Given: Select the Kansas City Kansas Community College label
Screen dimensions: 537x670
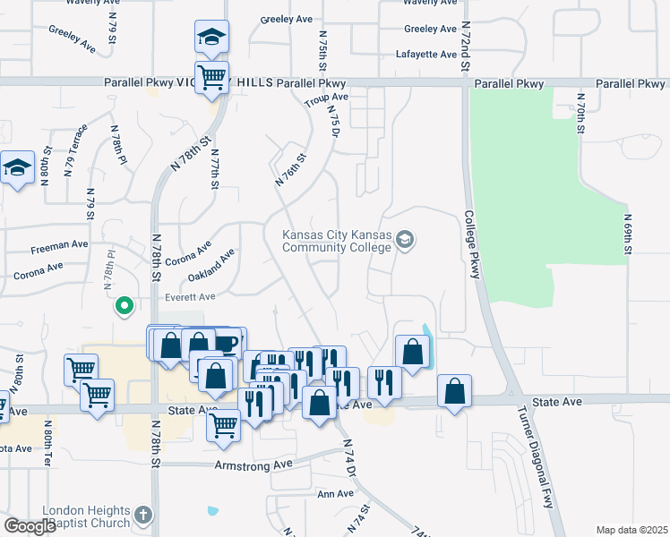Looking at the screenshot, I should pos(337,242).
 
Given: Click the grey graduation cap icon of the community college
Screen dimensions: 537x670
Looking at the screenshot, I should pos(405,239).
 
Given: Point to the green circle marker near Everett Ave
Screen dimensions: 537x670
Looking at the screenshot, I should pos(125,307).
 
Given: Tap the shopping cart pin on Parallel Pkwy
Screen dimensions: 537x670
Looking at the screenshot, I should pos(211,78).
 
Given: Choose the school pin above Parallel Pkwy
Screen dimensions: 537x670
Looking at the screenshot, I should pos(211,38).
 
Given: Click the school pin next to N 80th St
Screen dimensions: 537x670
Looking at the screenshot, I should pos(18,168).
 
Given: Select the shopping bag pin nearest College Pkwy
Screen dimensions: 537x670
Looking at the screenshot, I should pos(455,391).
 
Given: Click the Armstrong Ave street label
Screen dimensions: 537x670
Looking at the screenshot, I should pos(253,465).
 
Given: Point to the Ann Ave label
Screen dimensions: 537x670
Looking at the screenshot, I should pos(335,494).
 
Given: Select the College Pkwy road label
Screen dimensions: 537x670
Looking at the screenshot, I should pos(471,244).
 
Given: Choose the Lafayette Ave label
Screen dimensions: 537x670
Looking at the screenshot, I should pos(426,55).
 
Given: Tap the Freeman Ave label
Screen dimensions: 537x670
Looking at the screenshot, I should pos(60,244).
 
